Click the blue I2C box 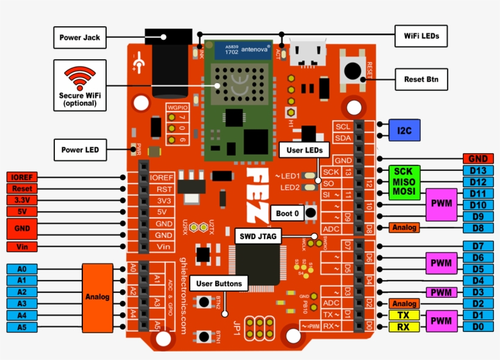[x=404, y=131]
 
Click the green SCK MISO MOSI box [x=404, y=182]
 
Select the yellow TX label [x=404, y=315]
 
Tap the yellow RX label [x=404, y=326]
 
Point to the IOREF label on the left [x=21, y=178]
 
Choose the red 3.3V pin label [x=21, y=200]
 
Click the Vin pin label [x=21, y=247]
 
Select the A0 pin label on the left [x=21, y=269]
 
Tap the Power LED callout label [x=80, y=149]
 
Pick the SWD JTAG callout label [x=259, y=236]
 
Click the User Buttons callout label [x=219, y=283]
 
